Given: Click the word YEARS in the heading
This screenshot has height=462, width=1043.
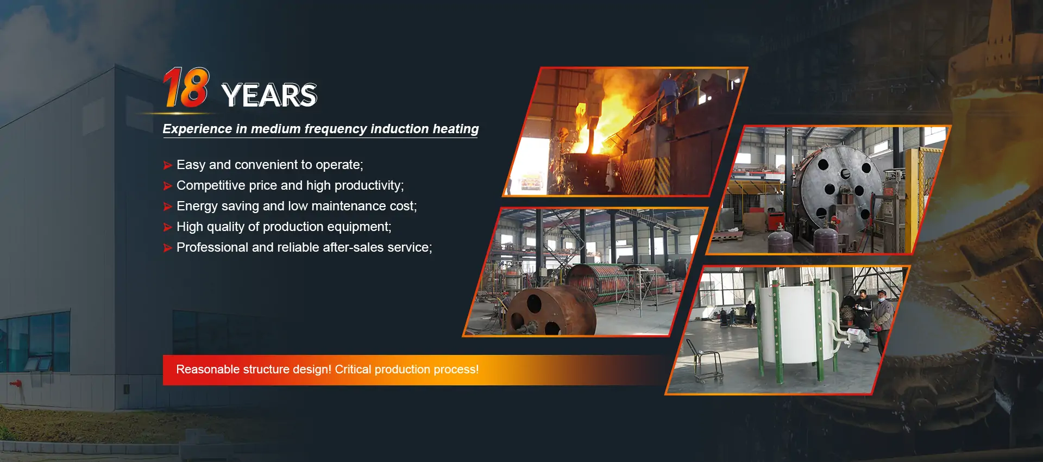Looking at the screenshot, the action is (x=269, y=95).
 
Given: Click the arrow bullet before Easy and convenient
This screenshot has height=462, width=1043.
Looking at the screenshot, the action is (x=168, y=165).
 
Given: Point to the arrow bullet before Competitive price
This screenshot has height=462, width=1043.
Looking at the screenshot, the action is (x=168, y=186).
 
